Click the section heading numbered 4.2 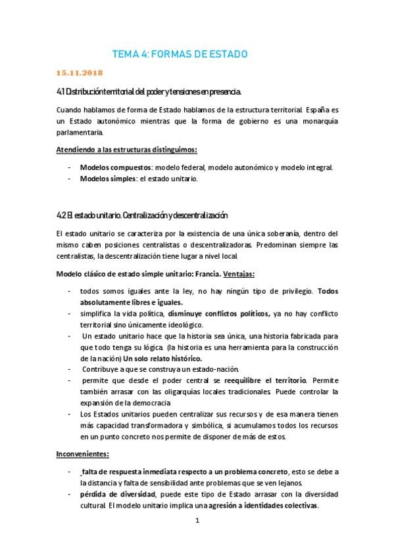[142, 215]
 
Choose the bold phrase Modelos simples [105, 179]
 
